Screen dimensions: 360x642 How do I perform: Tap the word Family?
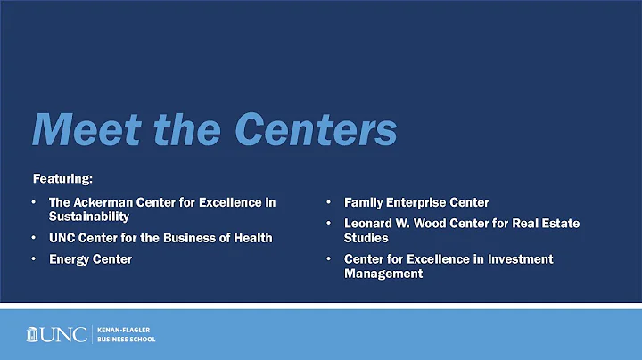coord(366,202)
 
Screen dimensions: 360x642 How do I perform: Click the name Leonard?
coord(370,224)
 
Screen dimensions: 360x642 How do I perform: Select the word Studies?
coord(366,238)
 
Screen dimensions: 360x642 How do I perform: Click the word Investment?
coord(518,259)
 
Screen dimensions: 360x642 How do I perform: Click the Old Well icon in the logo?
coord(37,334)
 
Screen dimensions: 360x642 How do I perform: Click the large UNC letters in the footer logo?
coord(69,335)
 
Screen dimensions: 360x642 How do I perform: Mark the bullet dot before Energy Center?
coord(34,259)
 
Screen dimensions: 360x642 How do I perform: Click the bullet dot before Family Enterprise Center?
coord(328,202)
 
